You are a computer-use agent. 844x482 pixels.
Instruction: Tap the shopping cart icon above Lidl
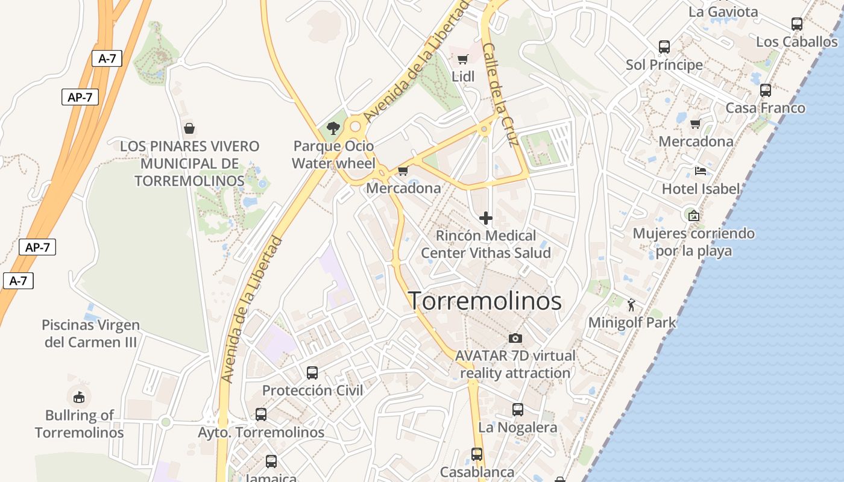tap(462, 59)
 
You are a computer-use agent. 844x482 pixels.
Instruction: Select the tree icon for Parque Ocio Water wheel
tap(332, 128)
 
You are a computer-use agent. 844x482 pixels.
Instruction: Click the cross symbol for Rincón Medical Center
tap(485, 218)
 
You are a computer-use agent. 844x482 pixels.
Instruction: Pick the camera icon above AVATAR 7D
tap(515, 338)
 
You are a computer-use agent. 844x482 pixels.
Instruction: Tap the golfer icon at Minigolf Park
tap(631, 305)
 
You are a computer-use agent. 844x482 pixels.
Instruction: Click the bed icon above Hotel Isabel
tap(700, 171)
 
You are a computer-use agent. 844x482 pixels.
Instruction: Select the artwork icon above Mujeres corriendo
tap(694, 215)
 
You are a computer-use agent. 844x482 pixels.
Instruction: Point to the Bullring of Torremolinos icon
tap(78, 397)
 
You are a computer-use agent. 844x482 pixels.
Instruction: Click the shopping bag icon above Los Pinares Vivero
tap(189, 128)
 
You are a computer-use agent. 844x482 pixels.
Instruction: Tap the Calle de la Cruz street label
tap(500, 95)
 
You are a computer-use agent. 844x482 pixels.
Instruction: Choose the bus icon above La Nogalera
tap(517, 410)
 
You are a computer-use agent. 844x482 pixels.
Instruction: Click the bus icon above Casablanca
tap(477, 454)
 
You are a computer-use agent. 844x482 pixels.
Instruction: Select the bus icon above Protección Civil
tap(312, 372)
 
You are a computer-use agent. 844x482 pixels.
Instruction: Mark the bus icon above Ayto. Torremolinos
tap(260, 415)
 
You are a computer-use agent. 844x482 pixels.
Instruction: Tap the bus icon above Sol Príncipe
tap(664, 47)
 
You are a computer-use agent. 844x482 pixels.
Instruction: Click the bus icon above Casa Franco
tap(765, 90)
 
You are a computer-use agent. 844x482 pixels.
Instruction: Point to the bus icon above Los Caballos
tap(796, 24)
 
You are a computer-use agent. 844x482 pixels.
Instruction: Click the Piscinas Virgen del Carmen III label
tap(91, 334)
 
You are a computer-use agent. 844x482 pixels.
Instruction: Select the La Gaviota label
tap(723, 12)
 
